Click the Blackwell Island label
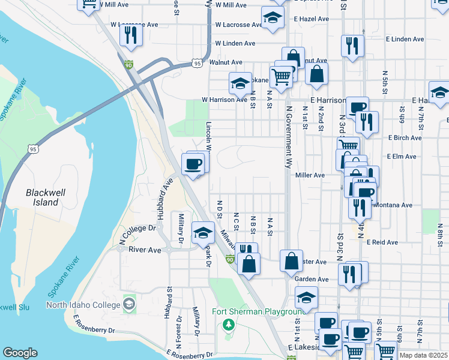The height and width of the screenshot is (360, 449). point(42,197)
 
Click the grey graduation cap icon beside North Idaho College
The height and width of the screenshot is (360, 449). point(129,305)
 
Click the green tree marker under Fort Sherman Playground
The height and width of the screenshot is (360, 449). point(228,325)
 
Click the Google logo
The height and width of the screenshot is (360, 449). point(20,353)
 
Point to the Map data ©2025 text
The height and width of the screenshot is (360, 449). point(423,355)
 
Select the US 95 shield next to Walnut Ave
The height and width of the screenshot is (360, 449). point(197,62)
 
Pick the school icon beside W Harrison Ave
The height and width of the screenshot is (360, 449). point(240,83)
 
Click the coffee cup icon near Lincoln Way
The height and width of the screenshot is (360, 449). point(193,164)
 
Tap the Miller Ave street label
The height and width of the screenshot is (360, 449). point(310,175)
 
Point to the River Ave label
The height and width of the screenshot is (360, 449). point(145,250)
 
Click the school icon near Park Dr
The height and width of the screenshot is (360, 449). point(203,232)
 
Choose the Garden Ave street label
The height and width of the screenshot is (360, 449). point(312,279)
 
